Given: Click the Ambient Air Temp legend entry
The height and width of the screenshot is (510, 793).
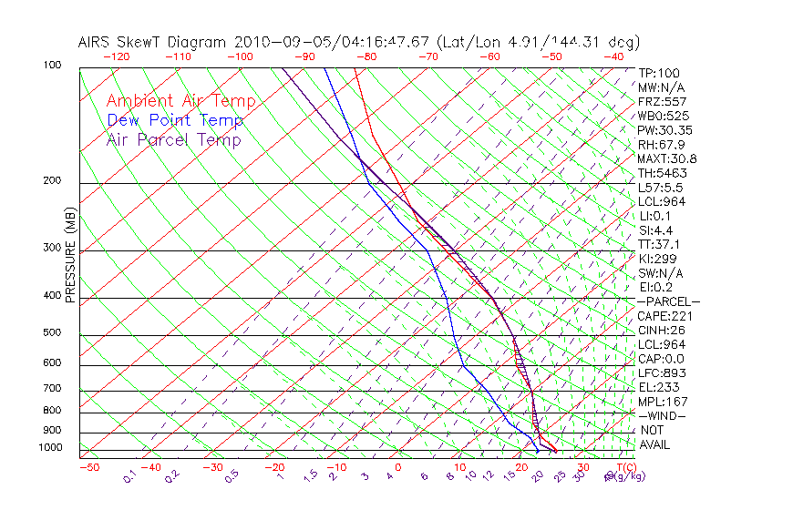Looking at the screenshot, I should (x=180, y=101).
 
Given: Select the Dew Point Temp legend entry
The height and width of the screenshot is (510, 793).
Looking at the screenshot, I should (x=175, y=120).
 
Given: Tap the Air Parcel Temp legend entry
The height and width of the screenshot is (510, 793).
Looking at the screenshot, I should (x=173, y=139).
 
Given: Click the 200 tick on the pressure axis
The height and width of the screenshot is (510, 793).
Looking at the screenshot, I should (x=53, y=180).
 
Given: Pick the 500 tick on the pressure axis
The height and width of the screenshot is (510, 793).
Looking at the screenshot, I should (x=53, y=333).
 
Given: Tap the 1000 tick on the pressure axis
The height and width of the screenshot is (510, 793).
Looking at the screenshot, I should (x=50, y=447).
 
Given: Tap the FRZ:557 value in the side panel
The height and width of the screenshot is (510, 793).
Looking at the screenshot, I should (x=662, y=101).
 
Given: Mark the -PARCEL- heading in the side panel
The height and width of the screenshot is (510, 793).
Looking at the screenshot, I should (x=668, y=301).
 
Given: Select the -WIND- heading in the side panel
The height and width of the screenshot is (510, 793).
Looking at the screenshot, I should (x=662, y=415).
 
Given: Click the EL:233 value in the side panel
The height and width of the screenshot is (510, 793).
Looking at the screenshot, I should (x=659, y=387).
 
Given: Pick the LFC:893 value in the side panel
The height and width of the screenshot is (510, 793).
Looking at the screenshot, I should (x=662, y=372).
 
